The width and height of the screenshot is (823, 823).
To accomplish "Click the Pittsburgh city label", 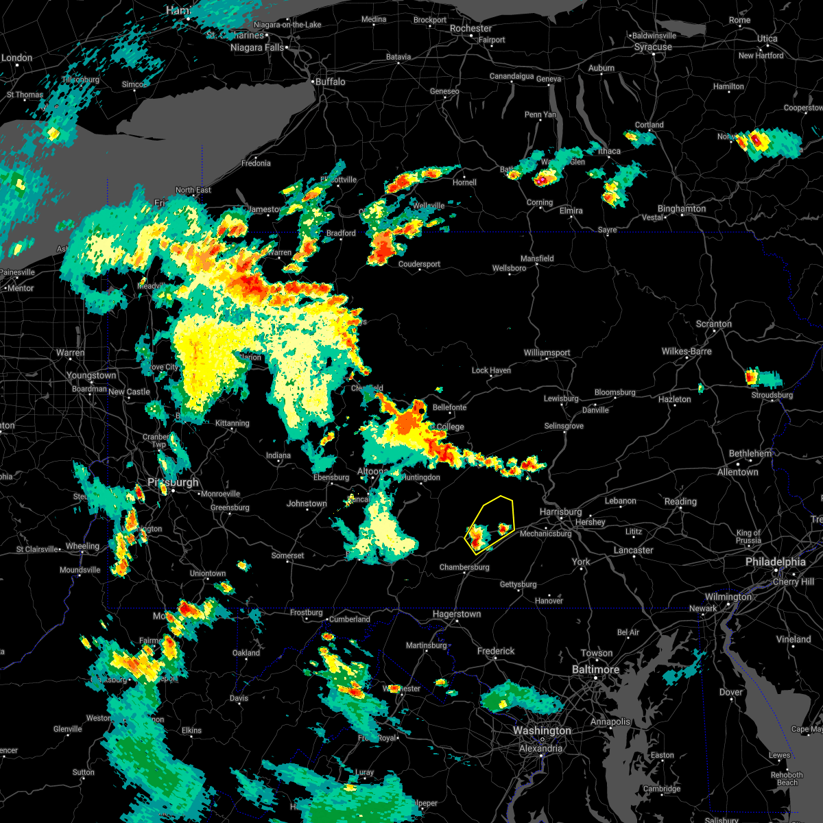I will pos(173,482).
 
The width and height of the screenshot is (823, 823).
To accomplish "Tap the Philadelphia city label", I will pos(775,562).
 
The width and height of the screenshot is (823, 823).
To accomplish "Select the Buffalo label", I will pos(330,82).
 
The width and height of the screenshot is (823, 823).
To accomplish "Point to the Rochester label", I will pos(470,29).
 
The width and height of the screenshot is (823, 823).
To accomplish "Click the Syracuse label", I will pos(653,47).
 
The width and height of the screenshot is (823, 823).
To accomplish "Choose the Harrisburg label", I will pos(560,512).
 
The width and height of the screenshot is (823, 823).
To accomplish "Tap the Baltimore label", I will pos(595,669).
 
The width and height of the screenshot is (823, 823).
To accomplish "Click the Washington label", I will pos(542,731).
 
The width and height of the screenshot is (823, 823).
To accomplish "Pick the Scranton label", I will pos(714,324).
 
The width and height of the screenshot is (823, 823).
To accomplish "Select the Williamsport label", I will pos(547,353).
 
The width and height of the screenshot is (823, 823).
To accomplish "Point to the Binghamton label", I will pos(681,208).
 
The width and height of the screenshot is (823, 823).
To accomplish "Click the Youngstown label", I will pos(91,376).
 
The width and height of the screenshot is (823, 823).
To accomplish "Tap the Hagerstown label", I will pos(456,615).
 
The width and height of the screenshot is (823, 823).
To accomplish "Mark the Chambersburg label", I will pos(464,567).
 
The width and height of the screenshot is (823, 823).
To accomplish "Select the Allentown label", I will pos(737,473).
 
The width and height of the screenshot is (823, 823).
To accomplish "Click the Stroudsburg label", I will pos(772,395).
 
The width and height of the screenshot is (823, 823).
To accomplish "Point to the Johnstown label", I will pos(307,503).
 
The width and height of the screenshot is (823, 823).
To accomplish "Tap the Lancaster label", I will pos(633,550).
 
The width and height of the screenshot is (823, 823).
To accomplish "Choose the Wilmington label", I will pos(728,597).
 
